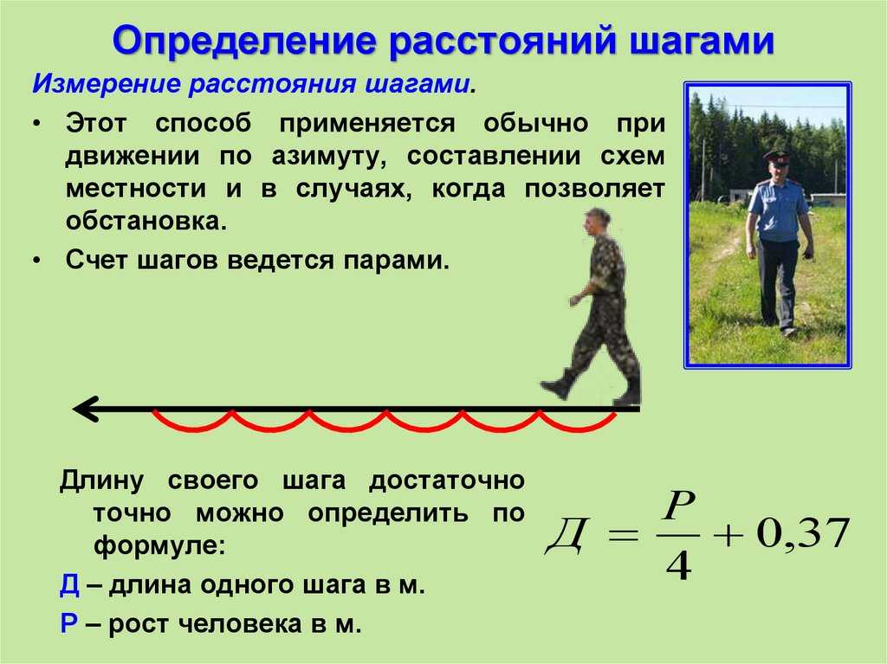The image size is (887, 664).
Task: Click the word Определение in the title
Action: coord(243,41)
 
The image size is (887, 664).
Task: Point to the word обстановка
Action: coord(146,221)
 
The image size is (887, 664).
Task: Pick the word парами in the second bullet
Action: coord(395,261)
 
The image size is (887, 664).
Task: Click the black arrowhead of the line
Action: coord(86,409)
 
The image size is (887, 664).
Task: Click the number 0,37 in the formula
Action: coord(802,532)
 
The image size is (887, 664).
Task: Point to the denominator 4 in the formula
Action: coord(678,565)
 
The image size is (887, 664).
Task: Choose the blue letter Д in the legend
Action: coord(69,585)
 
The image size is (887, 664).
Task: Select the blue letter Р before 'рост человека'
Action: coord(68,623)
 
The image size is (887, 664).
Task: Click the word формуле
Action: coord(160,546)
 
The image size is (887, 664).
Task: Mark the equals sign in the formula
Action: coord(623,534)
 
